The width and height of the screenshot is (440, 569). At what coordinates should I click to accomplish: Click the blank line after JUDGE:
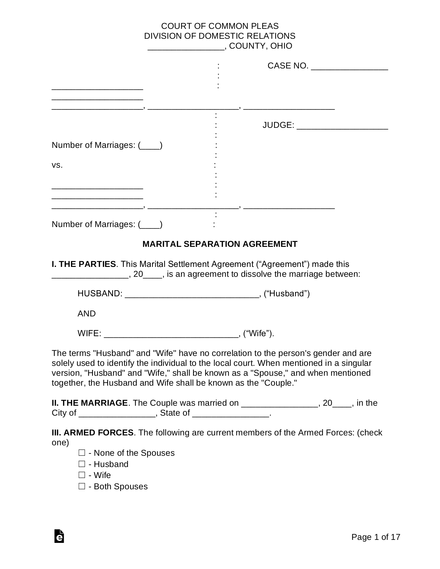coord(342,126)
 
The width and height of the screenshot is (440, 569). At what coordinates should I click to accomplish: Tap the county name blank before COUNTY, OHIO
coord(186,47)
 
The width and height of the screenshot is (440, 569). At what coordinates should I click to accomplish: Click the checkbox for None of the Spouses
coord(82,452)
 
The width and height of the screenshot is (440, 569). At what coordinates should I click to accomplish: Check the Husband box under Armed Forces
coord(82,464)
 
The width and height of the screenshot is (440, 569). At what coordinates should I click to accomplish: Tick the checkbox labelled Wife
coord(82,475)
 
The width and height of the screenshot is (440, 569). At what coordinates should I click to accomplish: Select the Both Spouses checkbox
coord(82,486)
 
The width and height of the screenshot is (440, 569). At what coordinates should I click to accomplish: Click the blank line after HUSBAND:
coord(192,294)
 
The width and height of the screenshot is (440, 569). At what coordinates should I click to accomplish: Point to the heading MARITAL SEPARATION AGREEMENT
coord(220,244)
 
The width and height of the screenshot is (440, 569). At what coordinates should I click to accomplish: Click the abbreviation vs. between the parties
coord(57,165)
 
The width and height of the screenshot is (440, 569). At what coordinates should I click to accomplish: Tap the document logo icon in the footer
coord(59,536)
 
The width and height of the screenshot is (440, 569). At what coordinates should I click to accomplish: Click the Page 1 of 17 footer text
coord(376,537)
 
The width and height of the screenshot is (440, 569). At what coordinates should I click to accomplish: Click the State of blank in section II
coord(230,414)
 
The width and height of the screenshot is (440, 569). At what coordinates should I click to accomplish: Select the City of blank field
coord(117,414)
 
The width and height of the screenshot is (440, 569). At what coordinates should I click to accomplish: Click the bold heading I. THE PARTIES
coord(84,264)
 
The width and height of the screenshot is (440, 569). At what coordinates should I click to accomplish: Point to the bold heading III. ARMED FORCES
coord(92,433)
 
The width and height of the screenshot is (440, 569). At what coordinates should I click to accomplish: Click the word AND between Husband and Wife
coord(86,314)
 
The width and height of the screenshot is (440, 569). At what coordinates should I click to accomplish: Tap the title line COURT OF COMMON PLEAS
coord(220,26)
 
